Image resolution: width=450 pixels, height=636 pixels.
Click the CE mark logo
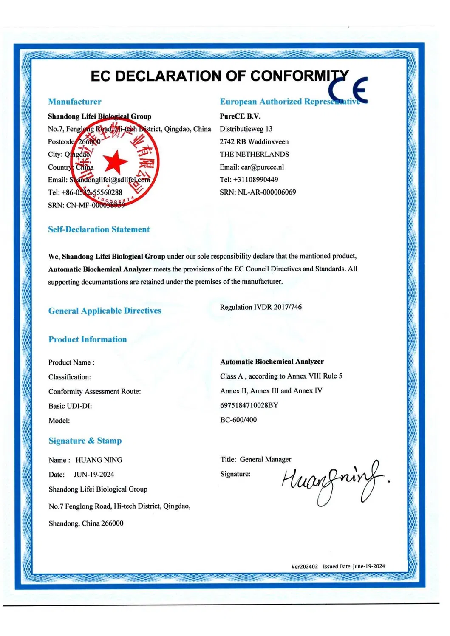[x=348, y=90]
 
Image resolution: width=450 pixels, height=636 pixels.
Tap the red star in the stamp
[x=115, y=162]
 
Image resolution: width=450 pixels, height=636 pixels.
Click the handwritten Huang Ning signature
[x=334, y=483]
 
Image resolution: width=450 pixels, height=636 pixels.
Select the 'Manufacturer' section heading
[x=75, y=102]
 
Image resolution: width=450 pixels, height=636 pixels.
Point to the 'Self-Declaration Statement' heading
[x=99, y=229]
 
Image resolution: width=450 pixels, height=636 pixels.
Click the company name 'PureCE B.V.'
[x=240, y=116]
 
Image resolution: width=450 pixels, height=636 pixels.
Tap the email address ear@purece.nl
[x=262, y=167]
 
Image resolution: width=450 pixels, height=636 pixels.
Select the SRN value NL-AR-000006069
[x=267, y=192]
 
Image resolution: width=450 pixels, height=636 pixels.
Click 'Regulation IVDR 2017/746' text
[x=261, y=307]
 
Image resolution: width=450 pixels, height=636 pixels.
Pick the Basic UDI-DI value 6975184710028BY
[x=249, y=405]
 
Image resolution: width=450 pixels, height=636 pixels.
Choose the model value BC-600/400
[x=238, y=420]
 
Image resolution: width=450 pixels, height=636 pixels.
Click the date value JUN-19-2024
[x=94, y=475]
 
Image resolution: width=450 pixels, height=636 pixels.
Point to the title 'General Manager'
[x=266, y=459]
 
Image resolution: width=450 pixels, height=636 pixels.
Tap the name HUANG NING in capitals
[x=99, y=460]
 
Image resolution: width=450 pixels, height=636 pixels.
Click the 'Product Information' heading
[x=88, y=339]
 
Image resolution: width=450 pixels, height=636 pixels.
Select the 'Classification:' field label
[x=70, y=377]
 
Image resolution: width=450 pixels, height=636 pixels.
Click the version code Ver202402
[x=304, y=567]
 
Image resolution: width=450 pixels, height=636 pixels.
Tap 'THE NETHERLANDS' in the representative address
[x=254, y=154]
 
